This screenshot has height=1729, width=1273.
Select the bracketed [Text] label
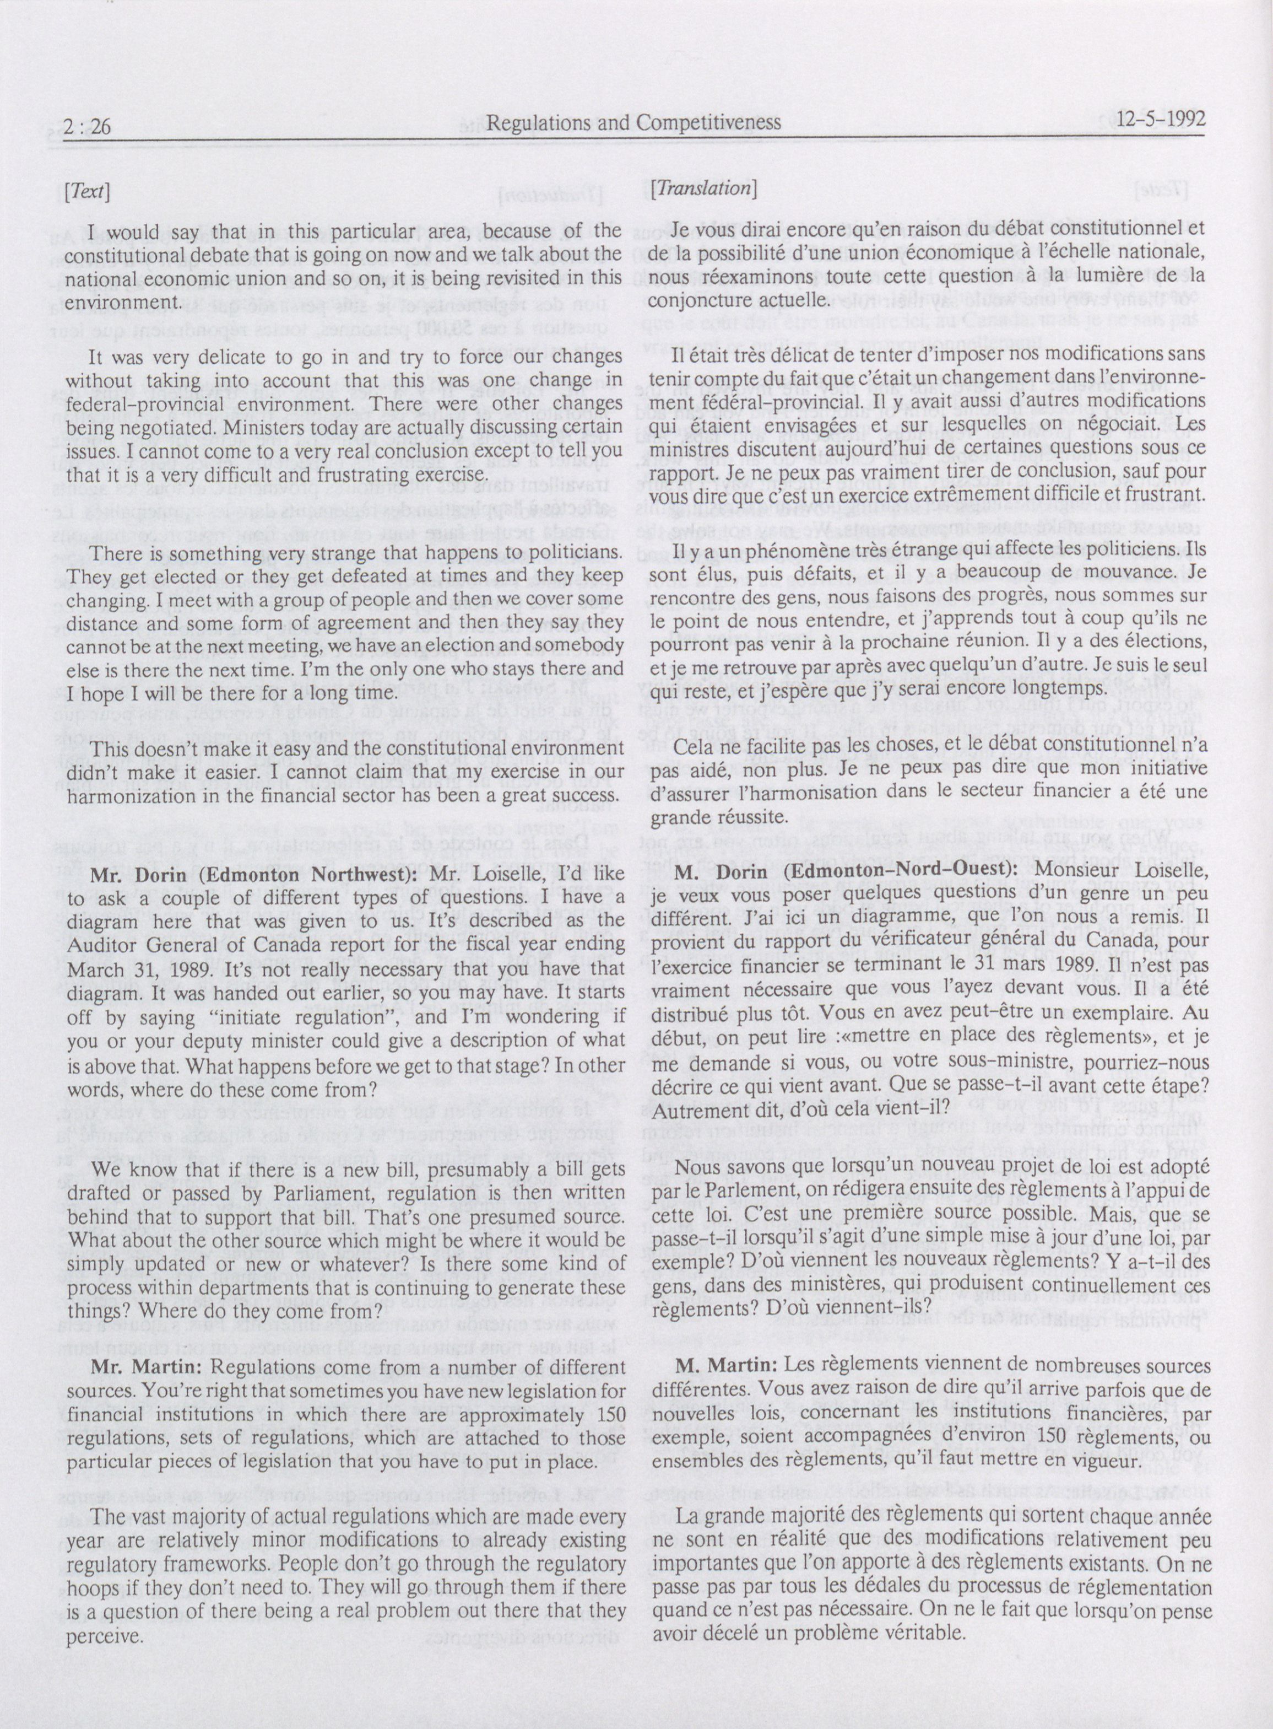tap(89, 192)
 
